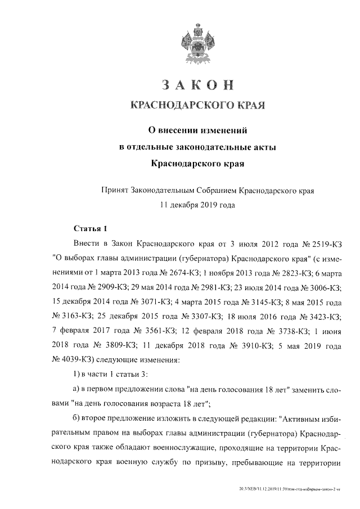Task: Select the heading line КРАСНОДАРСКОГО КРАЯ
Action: (197, 105)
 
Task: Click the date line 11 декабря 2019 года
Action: (197, 205)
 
